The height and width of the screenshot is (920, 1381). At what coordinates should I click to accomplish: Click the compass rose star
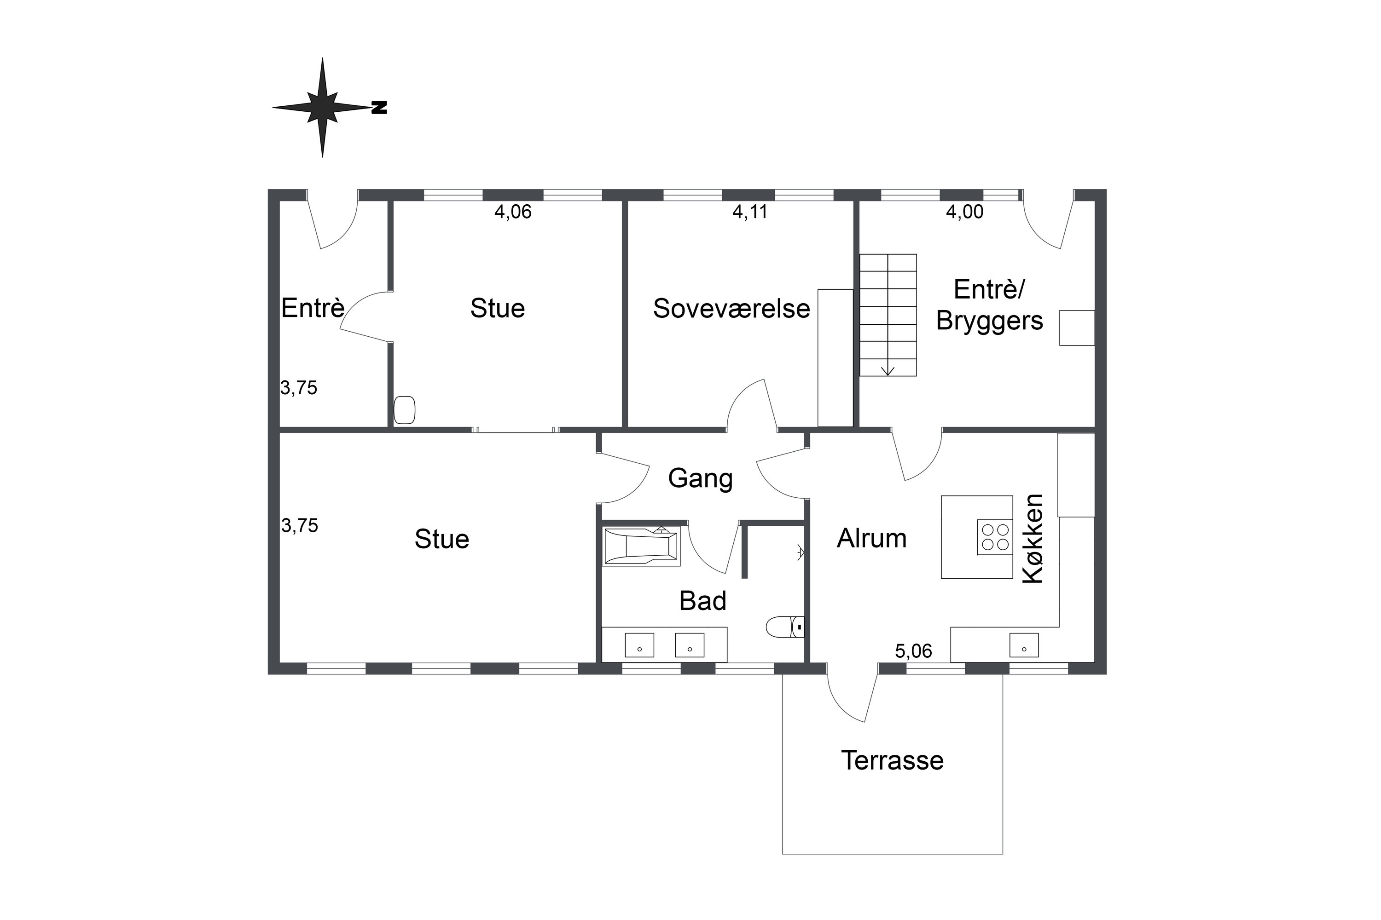(322, 107)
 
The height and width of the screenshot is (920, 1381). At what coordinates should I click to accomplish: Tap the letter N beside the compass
(380, 107)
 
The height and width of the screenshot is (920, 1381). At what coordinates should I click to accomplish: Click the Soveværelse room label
(731, 309)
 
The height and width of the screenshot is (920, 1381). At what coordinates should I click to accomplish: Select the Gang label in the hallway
(701, 479)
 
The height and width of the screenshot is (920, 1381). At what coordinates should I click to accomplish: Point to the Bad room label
(703, 601)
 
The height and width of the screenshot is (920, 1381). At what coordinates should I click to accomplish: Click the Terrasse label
(893, 760)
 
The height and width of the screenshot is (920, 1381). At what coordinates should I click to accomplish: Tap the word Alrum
(872, 539)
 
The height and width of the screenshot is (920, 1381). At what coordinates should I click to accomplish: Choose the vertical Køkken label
(1033, 539)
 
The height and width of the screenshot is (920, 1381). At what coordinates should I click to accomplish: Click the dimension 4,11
(750, 212)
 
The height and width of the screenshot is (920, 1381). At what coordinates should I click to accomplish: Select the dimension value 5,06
(914, 651)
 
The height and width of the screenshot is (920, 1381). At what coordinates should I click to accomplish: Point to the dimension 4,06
(513, 212)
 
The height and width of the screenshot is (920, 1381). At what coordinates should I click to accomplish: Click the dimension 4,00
(965, 212)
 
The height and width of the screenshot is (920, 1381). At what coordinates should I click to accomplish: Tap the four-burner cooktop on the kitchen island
(995, 537)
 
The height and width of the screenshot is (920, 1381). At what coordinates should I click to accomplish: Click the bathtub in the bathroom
(642, 546)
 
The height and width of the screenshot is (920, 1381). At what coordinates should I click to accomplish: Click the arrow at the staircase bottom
(888, 370)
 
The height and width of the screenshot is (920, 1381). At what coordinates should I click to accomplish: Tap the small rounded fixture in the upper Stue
(405, 410)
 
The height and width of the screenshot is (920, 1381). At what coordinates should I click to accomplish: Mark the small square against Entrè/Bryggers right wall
(1077, 328)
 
